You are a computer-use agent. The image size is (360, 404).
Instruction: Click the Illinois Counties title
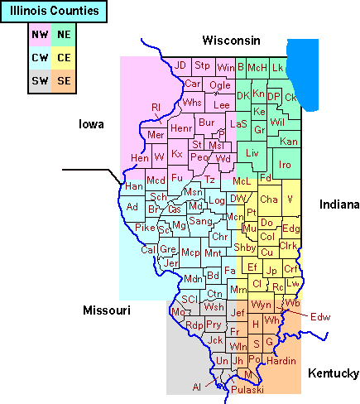pyautogui.click(x=55, y=12)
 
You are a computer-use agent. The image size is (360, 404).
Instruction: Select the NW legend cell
pyautogui.click(x=39, y=35)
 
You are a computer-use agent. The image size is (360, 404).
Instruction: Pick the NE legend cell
pyautogui.click(x=63, y=35)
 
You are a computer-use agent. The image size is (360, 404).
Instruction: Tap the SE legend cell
pyautogui.click(x=63, y=80)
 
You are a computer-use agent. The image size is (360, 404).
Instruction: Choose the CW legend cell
pyautogui.click(x=39, y=58)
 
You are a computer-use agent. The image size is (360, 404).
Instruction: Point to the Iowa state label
pyautogui.click(x=91, y=125)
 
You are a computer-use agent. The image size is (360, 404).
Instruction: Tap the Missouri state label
pyautogui.click(x=107, y=310)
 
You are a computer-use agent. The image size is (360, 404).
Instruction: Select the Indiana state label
pyautogui.click(x=339, y=204)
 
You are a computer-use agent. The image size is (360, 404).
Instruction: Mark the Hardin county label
pyautogui.click(x=281, y=360)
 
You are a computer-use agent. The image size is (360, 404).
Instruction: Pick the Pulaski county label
pyautogui.click(x=247, y=389)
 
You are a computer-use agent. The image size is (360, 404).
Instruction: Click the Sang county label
pyautogui.click(x=200, y=221)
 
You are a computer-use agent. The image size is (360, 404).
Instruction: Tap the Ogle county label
pyautogui.click(x=220, y=85)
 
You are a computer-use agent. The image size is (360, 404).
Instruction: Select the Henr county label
pyautogui.click(x=181, y=128)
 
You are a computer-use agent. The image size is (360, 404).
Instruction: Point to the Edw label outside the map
pyautogui.click(x=320, y=316)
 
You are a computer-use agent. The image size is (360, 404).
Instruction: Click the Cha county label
pyautogui.click(x=268, y=200)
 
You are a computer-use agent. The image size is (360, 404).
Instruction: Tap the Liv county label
pyautogui.click(x=252, y=153)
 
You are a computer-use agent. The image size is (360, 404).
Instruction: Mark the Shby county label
pyautogui.click(x=244, y=248)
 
